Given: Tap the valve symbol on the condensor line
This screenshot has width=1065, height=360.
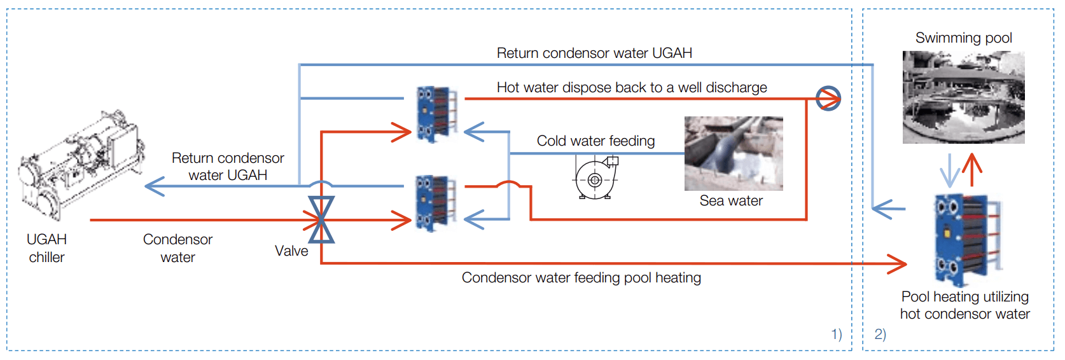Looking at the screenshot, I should (321, 220).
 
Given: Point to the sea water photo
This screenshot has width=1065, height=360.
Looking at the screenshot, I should (734, 153).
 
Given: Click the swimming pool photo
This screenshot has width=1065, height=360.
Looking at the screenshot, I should (963, 97).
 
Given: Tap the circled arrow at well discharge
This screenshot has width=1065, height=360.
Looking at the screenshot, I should (828, 99).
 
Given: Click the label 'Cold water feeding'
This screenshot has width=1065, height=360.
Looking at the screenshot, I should (595, 141).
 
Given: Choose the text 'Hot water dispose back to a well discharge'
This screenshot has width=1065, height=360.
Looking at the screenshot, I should (632, 87).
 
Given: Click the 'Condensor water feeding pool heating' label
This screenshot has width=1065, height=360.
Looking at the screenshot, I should (581, 277).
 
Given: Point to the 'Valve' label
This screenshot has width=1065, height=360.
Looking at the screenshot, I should (291, 251).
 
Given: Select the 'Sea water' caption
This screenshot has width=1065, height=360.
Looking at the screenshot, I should (731, 200).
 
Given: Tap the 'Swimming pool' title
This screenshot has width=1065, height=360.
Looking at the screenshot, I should (963, 38).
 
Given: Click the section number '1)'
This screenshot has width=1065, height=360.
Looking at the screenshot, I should (836, 334).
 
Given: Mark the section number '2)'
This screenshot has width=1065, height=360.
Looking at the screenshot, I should (880, 334).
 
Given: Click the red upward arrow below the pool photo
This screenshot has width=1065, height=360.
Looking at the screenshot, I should (972, 169).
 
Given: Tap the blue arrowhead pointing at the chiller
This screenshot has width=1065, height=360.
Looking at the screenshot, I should (155, 186).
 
